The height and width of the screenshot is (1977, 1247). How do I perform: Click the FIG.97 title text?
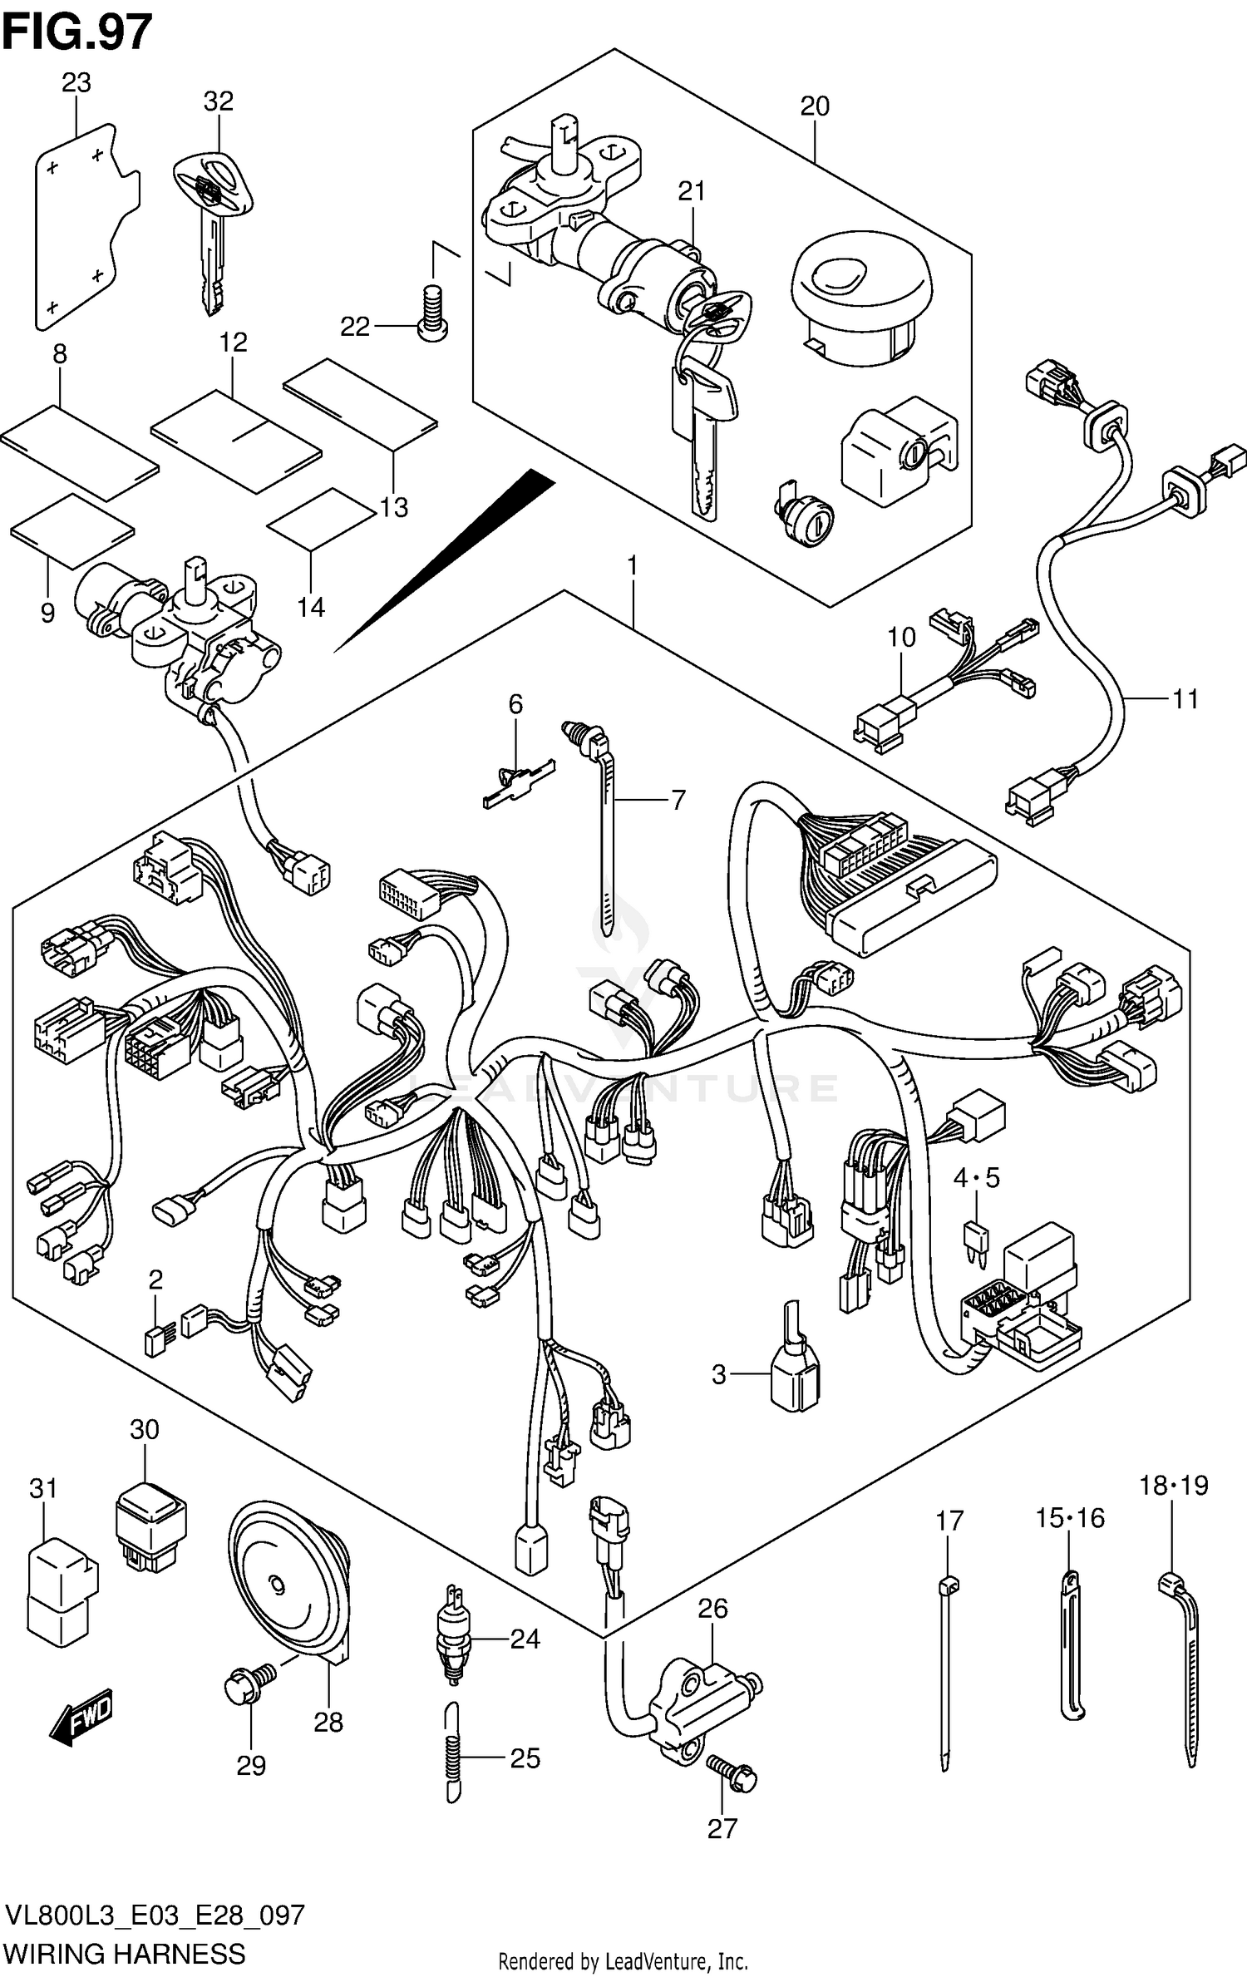tap(76, 33)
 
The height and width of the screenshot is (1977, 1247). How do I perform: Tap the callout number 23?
tap(76, 83)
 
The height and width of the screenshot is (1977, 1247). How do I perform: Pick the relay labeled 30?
tap(150, 1525)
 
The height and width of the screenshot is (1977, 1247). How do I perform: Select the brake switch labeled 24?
tap(454, 1634)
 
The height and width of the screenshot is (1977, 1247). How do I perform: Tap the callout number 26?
tap(712, 1609)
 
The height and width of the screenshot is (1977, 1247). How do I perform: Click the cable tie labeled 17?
tap(946, 1671)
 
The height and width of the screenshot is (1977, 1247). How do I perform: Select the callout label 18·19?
tap(1173, 1485)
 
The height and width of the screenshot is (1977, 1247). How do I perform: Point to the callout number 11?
tap(1185, 699)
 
